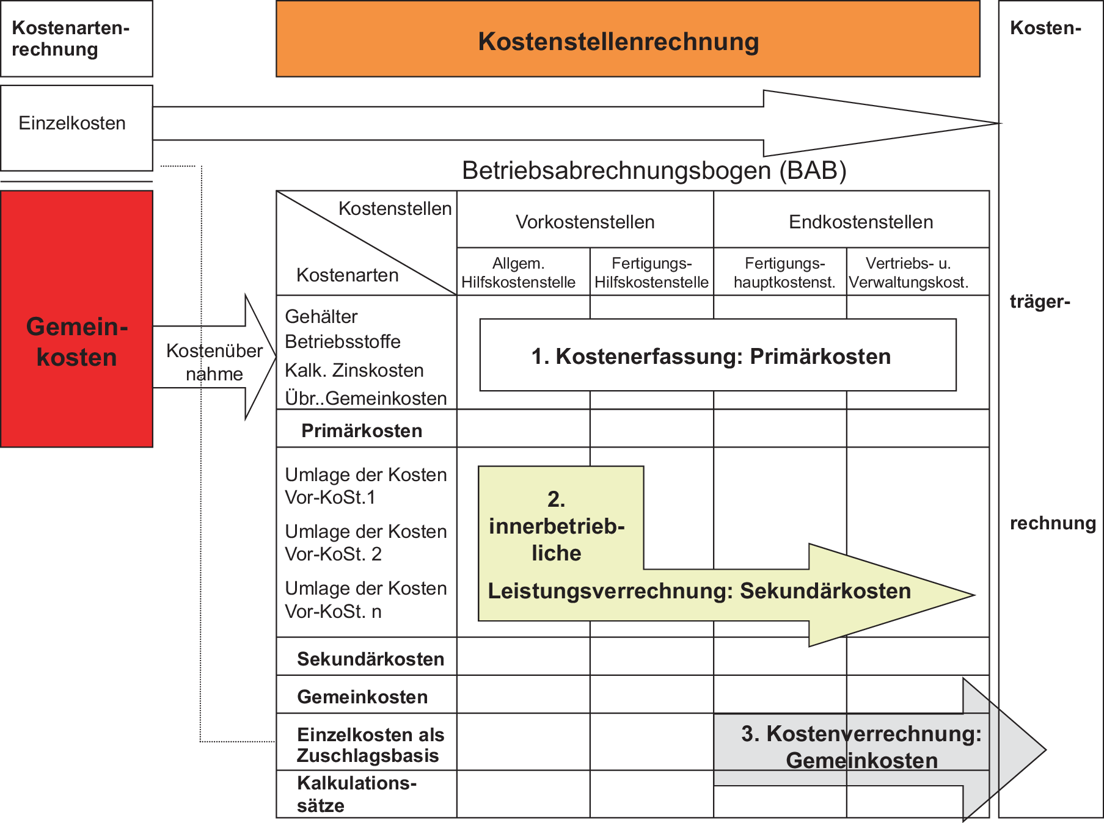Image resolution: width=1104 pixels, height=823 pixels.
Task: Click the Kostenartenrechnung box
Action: (76, 38)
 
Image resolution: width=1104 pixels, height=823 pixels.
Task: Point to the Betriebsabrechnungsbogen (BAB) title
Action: (654, 170)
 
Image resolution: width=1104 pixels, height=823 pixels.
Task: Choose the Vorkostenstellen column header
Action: (585, 222)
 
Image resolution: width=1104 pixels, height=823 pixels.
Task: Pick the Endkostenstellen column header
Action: (860, 222)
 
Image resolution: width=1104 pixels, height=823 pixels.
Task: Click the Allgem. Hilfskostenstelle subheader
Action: (518, 272)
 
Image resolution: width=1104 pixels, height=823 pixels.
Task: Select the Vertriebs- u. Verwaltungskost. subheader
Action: (908, 272)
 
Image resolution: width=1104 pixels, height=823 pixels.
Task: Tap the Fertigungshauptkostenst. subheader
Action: (784, 272)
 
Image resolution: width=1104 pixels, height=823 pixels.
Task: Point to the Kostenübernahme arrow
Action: (214, 361)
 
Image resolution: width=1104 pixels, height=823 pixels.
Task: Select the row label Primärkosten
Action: (362, 430)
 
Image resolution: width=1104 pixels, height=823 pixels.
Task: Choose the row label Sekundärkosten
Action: (370, 659)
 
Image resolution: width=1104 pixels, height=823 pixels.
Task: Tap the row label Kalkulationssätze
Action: (356, 794)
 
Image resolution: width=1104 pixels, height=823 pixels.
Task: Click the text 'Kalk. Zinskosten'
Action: (354, 370)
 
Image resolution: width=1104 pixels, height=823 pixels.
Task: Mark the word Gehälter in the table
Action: (321, 316)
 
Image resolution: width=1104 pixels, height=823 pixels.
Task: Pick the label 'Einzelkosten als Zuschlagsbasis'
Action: (370, 744)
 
